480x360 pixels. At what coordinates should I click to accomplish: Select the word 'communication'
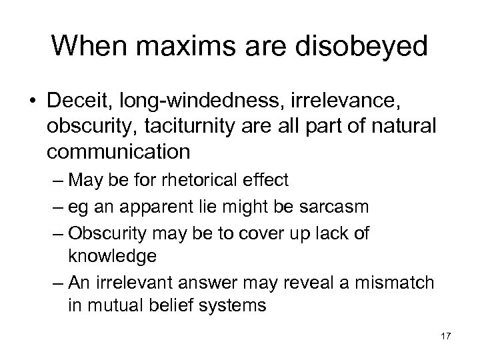pos(119,152)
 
